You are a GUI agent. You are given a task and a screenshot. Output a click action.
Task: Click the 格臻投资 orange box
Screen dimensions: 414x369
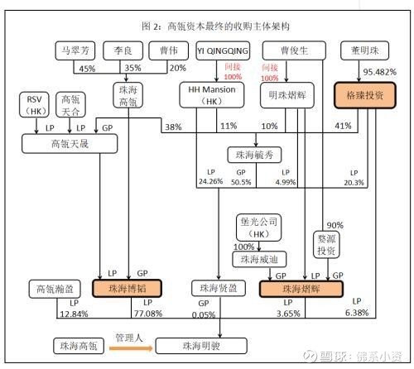(x=365, y=95)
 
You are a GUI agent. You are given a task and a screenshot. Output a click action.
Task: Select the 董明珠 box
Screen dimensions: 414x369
(x=364, y=50)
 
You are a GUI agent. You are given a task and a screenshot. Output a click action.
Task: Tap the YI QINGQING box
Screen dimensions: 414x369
(x=223, y=50)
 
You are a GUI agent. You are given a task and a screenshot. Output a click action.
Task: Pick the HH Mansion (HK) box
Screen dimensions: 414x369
(x=212, y=95)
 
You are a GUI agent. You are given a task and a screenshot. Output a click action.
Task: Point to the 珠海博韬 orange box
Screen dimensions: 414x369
(x=127, y=289)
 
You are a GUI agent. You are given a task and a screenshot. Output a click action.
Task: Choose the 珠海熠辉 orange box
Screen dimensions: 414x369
(x=301, y=289)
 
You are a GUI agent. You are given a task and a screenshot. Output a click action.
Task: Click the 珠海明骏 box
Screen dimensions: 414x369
(x=201, y=346)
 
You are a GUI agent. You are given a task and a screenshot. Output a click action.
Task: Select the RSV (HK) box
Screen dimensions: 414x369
(x=34, y=105)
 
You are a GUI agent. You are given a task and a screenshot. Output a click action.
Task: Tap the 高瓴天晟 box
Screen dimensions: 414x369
(x=70, y=144)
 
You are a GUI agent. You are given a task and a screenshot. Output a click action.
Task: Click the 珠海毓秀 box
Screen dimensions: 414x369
(x=254, y=155)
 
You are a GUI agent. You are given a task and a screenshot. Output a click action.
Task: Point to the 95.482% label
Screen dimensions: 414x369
(x=380, y=72)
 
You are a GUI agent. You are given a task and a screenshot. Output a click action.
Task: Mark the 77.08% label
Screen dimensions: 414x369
(x=148, y=314)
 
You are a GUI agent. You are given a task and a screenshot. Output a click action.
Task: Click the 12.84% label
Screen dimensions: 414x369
(x=74, y=314)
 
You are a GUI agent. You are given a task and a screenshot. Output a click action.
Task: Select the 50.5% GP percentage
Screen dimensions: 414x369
(x=241, y=182)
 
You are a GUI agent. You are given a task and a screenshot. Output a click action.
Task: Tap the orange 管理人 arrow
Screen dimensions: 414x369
(x=131, y=348)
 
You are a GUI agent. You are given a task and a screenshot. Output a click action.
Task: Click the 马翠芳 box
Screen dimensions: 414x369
(x=75, y=50)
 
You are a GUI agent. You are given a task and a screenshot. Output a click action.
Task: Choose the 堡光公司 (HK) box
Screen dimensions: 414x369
(x=259, y=228)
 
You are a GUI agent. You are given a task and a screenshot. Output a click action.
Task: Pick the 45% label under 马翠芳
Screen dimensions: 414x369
(x=87, y=69)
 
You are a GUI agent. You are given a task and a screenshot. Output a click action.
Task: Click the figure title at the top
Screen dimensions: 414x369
(x=215, y=26)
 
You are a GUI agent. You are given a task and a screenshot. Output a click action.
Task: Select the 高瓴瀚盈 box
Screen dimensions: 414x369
(x=55, y=289)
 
